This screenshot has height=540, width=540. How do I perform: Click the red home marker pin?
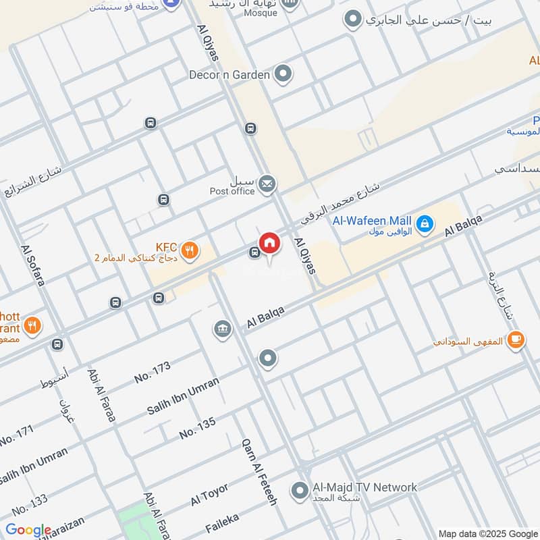pos(269,243)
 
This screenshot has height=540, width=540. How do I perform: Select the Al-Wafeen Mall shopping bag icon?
pos(425,223)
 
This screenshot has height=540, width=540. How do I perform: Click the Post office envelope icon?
pos(267,183)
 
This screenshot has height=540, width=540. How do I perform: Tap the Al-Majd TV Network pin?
pos(299,491)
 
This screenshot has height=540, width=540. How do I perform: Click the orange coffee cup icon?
pos(516,340)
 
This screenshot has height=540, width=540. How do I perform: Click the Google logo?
pos(28,530)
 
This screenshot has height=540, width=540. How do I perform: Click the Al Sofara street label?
pos(32,265)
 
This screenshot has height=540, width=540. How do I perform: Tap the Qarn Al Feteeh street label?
pos(259,472)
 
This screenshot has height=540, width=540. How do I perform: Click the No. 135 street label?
pos(197,428)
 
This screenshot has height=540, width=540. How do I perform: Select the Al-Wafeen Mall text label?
pos(371,220)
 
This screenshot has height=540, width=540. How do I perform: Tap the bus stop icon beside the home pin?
pos(254,252)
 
